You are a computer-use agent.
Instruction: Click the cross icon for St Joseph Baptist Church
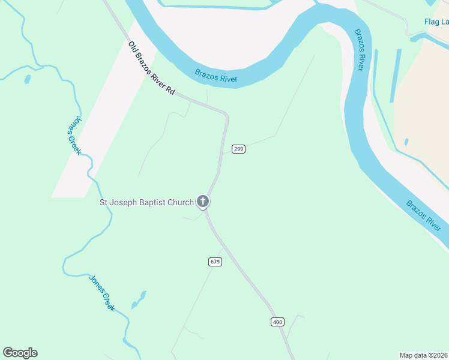tap(203, 202)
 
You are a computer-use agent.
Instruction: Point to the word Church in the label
tap(181, 202)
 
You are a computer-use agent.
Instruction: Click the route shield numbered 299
tap(238, 149)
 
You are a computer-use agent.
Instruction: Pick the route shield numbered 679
tap(215, 262)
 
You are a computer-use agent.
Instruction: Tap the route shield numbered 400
tap(277, 322)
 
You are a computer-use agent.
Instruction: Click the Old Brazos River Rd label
tap(152, 68)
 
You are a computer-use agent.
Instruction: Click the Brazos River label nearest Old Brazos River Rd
tap(216, 76)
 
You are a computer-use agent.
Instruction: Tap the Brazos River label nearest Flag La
tap(358, 49)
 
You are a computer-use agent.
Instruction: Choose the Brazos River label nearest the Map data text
tap(424, 216)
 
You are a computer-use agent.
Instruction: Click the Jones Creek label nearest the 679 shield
tap(101, 293)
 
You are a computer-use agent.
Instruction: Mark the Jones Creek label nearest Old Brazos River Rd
tap(73, 134)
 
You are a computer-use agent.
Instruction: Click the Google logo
tap(20, 353)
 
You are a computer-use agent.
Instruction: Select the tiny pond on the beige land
tap(406, 142)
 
